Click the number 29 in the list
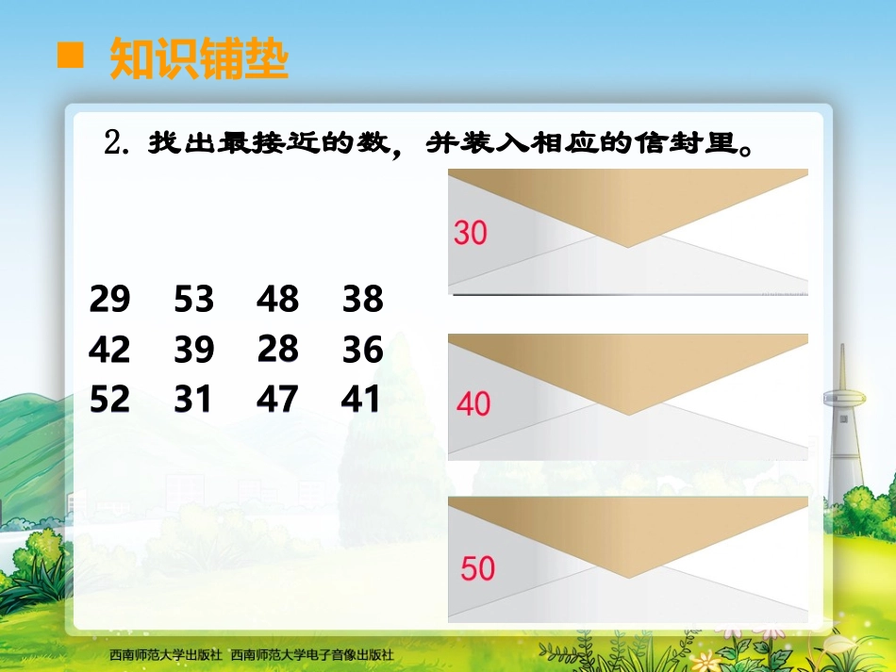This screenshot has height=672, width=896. click(x=109, y=299)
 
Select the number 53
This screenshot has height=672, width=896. click(x=194, y=299)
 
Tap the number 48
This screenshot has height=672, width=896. click(x=277, y=299)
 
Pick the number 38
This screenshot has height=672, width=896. click(x=363, y=299)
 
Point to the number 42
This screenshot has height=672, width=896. click(x=109, y=350)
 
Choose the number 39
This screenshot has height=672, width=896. click(x=194, y=350)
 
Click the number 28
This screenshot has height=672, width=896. click(x=277, y=349)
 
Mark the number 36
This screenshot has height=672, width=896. click(x=363, y=350)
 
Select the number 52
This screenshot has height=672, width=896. click(x=109, y=400)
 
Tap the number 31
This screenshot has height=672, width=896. click(x=193, y=400)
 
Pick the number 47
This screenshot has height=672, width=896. click(x=277, y=400)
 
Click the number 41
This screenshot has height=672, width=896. click(x=361, y=400)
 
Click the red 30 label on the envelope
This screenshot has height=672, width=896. click(x=470, y=232)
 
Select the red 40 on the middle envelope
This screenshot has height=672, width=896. click(x=473, y=404)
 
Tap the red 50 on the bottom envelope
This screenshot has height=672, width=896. click(x=477, y=568)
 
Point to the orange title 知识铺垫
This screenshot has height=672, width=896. click(x=198, y=58)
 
